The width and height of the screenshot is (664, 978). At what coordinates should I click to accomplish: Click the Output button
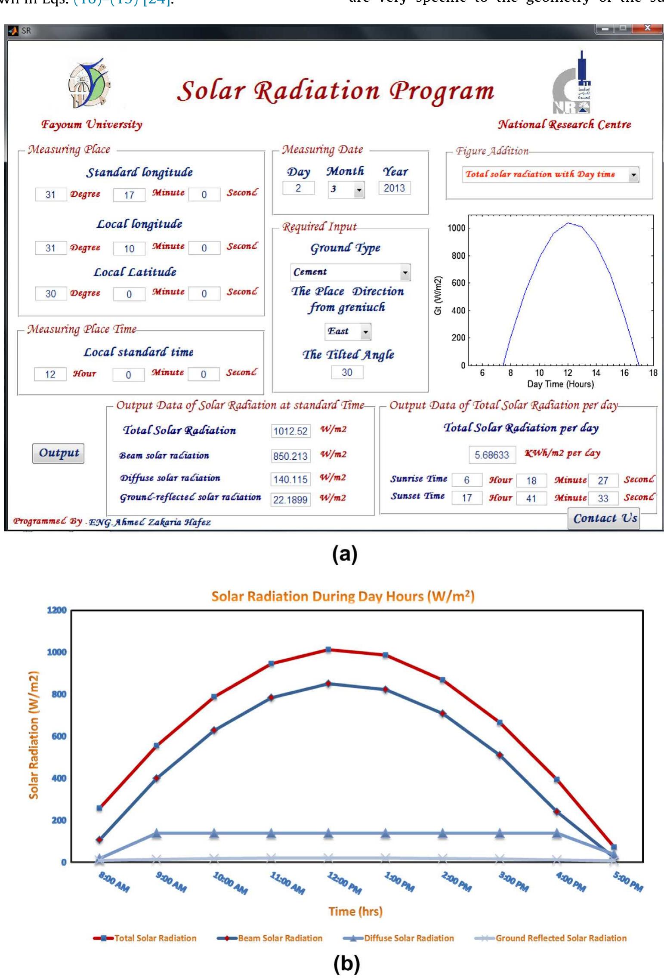tap(58, 453)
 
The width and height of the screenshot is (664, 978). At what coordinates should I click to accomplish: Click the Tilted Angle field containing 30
tap(347, 372)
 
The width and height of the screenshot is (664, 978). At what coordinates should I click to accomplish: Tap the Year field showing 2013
tap(394, 188)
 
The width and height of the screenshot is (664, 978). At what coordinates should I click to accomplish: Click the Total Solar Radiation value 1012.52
tap(290, 431)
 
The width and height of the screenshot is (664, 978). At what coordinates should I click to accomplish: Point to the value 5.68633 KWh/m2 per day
tap(492, 455)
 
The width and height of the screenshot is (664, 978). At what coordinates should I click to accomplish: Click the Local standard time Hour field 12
tap(50, 374)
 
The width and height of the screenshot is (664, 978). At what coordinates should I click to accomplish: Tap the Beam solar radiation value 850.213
tap(290, 456)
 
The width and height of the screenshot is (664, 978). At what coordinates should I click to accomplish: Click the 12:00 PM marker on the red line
tap(328, 650)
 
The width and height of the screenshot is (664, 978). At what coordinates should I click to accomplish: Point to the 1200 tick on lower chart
tap(57, 610)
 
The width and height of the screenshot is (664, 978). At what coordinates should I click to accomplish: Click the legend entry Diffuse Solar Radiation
tap(408, 938)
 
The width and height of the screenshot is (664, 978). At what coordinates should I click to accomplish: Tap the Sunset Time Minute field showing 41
tap(531, 498)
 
